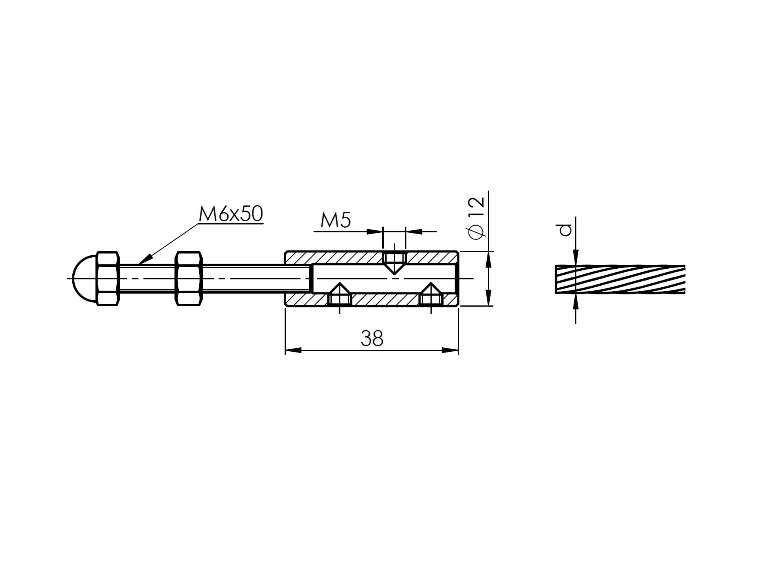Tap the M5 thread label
click(336, 220)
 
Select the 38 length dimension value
click(372, 339)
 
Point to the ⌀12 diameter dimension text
click(476, 218)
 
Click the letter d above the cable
click(566, 230)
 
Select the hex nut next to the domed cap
click(108, 279)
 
